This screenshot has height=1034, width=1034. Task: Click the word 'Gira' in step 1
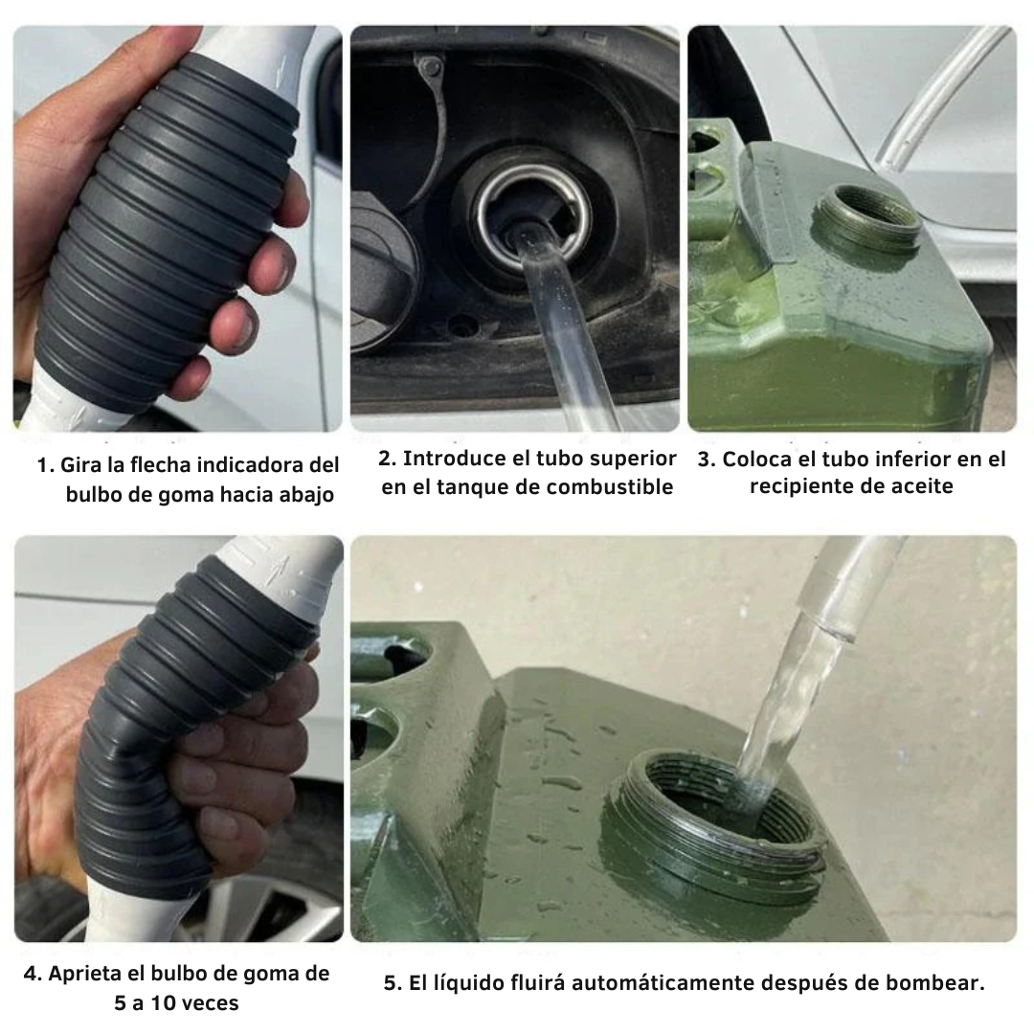(x=80, y=466)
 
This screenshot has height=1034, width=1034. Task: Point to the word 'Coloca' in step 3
(x=757, y=459)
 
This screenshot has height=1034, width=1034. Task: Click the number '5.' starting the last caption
(x=393, y=983)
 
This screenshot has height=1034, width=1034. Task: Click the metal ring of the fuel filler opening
(x=525, y=206)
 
